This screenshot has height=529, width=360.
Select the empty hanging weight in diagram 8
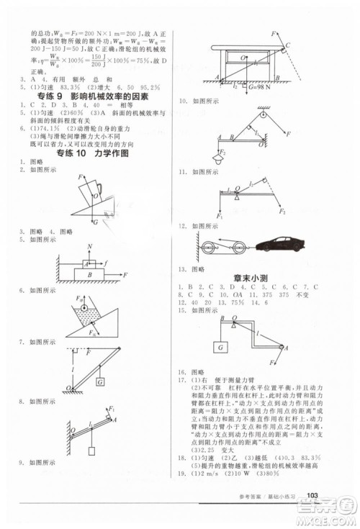tap(91, 451)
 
